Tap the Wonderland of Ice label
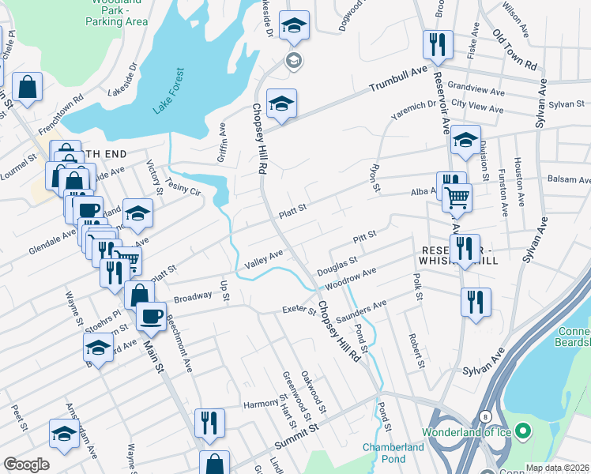[466, 432]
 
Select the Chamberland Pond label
[394, 453]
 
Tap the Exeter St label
[299, 309]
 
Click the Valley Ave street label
[264, 258]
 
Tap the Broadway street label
[193, 298]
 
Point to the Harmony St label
[261, 404]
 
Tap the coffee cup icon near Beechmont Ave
[150, 314]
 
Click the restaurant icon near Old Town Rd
[436, 44]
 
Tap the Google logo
[26, 465]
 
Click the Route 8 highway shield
[484, 416]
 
